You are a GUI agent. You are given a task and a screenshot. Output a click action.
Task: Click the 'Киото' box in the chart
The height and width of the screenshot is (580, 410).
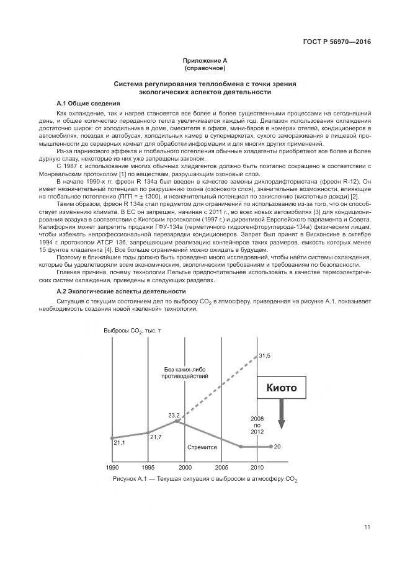pyautogui.click(x=281, y=388)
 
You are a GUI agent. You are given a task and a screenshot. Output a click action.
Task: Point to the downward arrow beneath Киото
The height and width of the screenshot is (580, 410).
pyautogui.click(x=281, y=415)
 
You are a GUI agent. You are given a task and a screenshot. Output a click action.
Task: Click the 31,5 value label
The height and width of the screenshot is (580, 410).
pyautogui.click(x=265, y=355)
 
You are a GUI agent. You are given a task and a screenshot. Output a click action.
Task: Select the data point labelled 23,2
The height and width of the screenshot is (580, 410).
pyautogui.click(x=177, y=421)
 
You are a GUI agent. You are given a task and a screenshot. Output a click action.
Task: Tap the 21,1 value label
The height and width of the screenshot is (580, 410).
pyautogui.click(x=120, y=442)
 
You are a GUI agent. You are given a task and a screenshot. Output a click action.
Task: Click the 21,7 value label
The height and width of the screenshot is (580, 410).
pyautogui.click(x=156, y=437)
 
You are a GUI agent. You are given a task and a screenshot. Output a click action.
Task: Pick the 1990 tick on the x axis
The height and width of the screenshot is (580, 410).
pyautogui.click(x=112, y=466)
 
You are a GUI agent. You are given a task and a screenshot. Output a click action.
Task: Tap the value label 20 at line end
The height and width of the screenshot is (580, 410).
pyautogui.click(x=277, y=447)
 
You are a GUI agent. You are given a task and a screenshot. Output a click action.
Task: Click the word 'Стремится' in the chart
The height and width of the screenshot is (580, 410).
pyautogui.click(x=202, y=447)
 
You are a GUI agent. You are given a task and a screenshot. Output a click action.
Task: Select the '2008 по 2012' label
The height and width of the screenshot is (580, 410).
pyautogui.click(x=257, y=425)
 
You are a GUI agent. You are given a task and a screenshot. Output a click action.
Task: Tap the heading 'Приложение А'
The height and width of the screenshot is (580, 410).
pyautogui.click(x=205, y=60)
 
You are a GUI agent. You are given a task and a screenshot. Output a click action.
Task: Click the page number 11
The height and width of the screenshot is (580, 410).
pyautogui.click(x=367, y=527)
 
